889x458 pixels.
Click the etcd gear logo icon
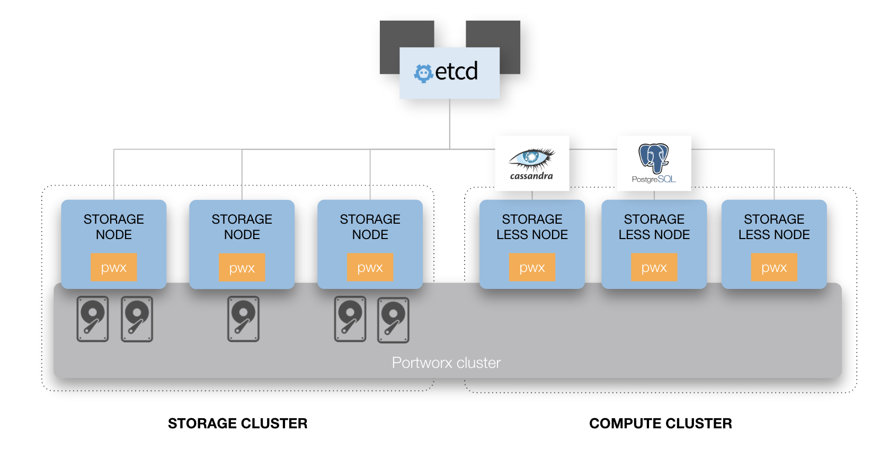423,73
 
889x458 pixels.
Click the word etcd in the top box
456,72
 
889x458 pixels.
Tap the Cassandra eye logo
531,158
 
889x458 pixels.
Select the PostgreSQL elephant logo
654,158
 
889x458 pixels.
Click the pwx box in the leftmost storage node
114,267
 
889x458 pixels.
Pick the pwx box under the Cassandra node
532,267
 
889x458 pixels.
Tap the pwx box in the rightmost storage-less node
774,267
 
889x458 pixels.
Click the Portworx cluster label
446,363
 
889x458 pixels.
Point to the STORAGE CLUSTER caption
237,424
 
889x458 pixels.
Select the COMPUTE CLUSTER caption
660,424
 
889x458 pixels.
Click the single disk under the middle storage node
243,319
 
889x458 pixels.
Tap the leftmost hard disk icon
93,319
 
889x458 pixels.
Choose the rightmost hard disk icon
393,320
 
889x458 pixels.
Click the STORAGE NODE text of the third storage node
370,227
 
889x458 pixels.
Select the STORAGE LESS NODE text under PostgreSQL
654,227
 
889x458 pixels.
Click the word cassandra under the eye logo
531,176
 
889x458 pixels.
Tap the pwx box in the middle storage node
242,267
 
